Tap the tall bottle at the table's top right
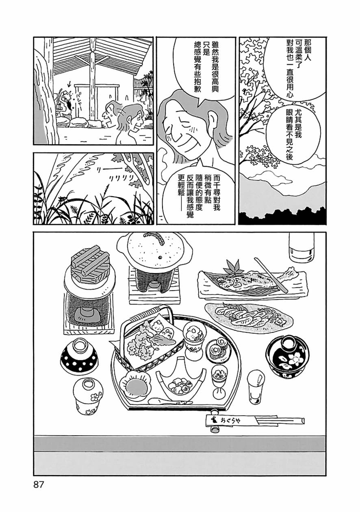(x=302, y=247)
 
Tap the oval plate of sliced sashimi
(x=249, y=317)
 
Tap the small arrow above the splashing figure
(x=69, y=85)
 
